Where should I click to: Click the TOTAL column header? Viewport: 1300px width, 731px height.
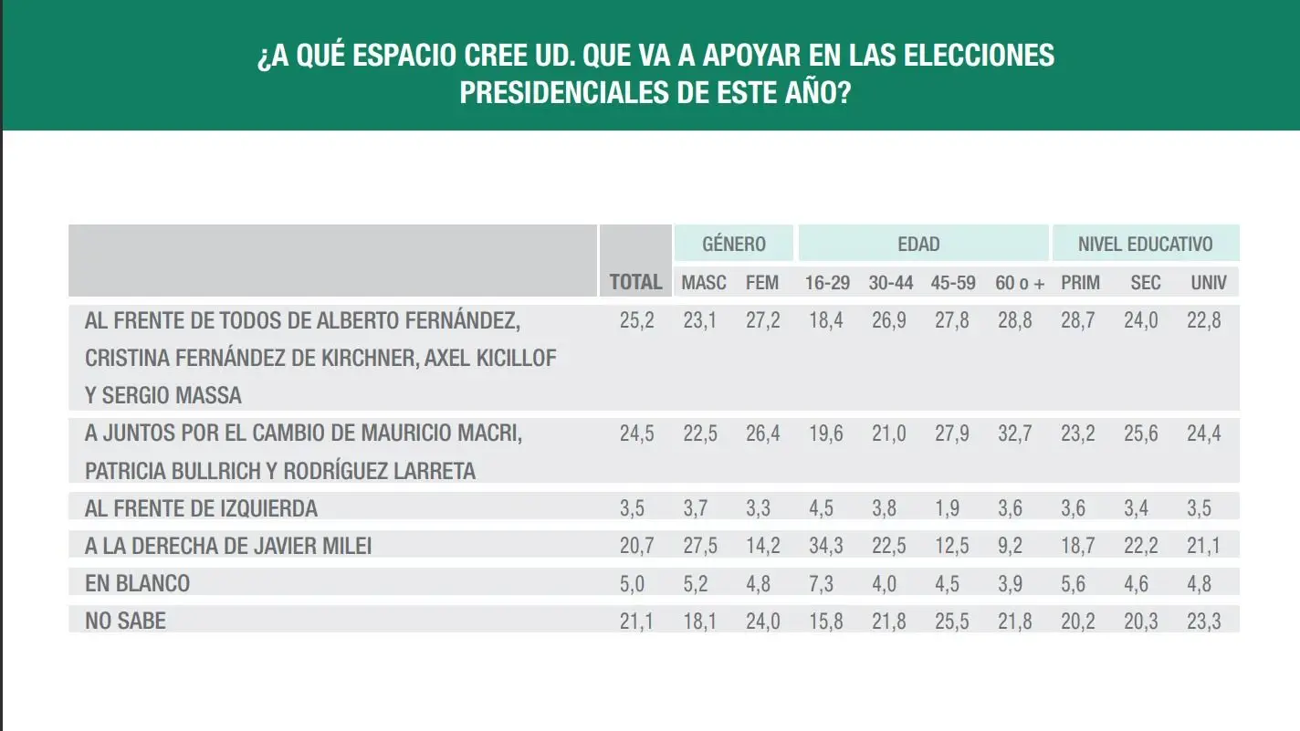click(635, 282)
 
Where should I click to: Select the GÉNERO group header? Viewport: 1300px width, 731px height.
click(734, 245)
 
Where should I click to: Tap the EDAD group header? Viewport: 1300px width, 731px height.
click(918, 245)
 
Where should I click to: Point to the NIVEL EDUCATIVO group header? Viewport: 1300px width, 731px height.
click(1145, 245)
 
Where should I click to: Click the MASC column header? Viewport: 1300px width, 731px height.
click(704, 283)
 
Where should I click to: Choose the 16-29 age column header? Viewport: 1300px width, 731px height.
click(827, 283)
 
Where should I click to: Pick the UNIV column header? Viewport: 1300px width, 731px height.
click(1209, 283)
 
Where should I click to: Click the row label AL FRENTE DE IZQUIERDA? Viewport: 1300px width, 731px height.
click(202, 508)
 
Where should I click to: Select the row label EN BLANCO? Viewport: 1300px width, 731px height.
click(138, 583)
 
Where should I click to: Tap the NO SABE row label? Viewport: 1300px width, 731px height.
click(126, 621)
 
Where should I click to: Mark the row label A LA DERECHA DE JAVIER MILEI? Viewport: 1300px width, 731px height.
click(228, 546)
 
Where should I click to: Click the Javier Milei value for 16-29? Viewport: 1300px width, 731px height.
click(824, 547)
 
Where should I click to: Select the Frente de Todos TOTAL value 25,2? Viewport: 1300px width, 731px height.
click(636, 321)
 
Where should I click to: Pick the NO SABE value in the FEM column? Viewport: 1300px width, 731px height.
click(762, 621)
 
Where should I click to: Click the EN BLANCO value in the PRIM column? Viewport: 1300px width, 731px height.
click(1078, 584)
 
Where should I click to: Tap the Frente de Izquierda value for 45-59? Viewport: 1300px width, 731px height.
click(953, 509)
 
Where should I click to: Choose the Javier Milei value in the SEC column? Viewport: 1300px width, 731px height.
click(1141, 547)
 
